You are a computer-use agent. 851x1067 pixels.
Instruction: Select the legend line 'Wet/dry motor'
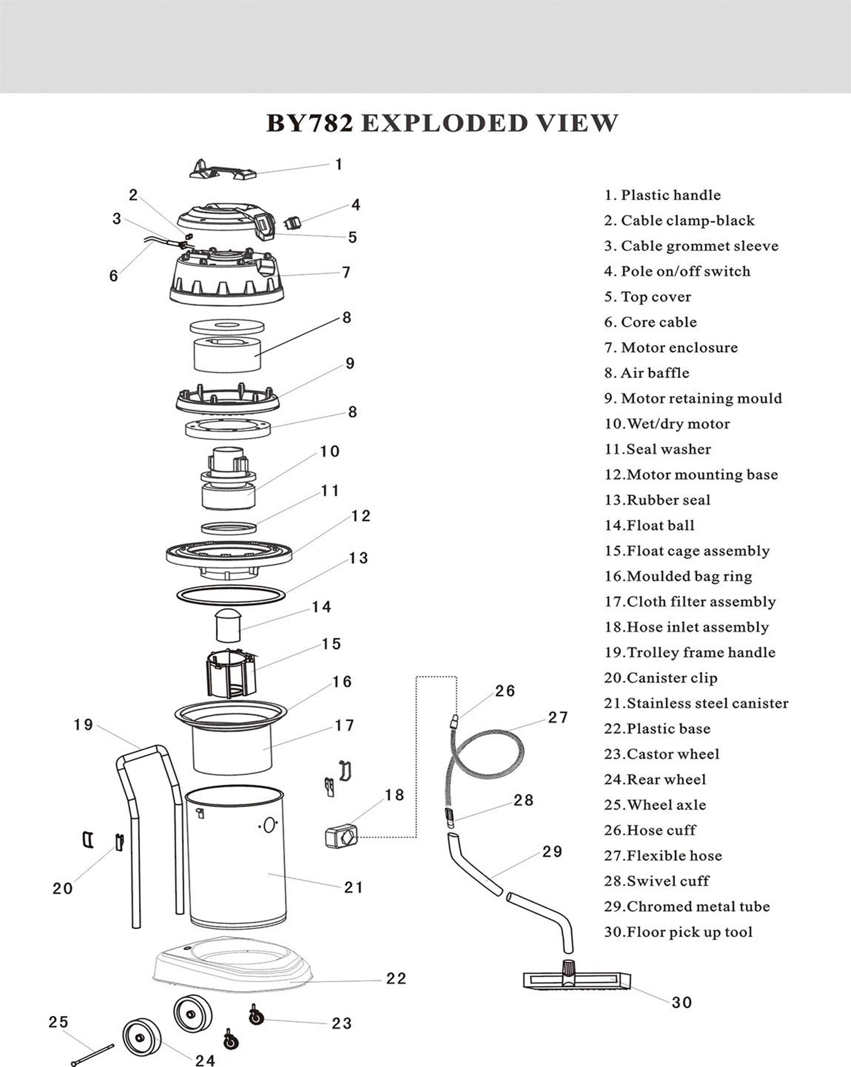(667, 424)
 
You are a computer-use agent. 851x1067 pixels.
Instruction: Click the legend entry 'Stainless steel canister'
(696, 703)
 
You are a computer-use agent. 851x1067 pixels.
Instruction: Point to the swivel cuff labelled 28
(449, 818)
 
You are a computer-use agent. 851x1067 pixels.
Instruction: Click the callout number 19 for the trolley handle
(83, 725)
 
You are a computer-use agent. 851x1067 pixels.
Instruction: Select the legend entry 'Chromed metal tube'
(687, 907)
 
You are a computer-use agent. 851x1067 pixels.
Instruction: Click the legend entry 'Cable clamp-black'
(679, 221)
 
